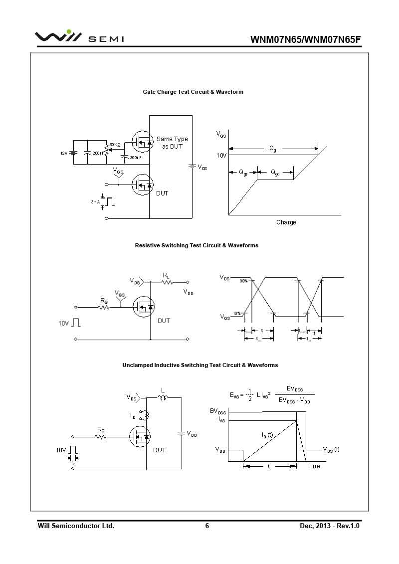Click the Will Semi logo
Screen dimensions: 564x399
pyautogui.click(x=79, y=38)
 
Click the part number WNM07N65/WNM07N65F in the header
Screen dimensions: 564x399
pyautogui.click(x=305, y=40)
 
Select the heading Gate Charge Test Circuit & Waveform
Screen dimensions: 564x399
pyautogui.click(x=193, y=92)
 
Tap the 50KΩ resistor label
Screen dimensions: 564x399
pyautogui.click(x=115, y=145)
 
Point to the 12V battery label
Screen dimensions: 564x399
pyautogui.click(x=64, y=153)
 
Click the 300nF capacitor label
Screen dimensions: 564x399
pyautogui.click(x=135, y=158)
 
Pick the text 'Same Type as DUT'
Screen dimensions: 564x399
pyautogui.click(x=172, y=143)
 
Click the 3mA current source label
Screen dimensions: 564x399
pyautogui.click(x=95, y=202)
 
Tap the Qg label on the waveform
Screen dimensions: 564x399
pyautogui.click(x=273, y=149)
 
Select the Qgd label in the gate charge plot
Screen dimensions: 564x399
pyautogui.click(x=275, y=173)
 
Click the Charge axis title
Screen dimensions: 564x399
pyautogui.click(x=286, y=222)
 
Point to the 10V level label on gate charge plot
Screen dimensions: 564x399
pyautogui.click(x=221, y=156)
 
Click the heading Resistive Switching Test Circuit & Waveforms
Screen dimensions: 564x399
pyautogui.click(x=197, y=245)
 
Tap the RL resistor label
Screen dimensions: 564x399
pyautogui.click(x=166, y=275)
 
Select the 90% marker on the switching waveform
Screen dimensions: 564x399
pyautogui.click(x=243, y=281)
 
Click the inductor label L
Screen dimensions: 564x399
pyautogui.click(x=163, y=390)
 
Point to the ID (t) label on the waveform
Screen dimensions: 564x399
pyautogui.click(x=267, y=435)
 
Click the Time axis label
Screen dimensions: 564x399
pyautogui.click(x=313, y=466)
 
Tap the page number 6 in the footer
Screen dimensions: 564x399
pyautogui.click(x=207, y=526)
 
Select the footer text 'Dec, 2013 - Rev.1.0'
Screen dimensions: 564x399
pyautogui.click(x=330, y=526)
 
